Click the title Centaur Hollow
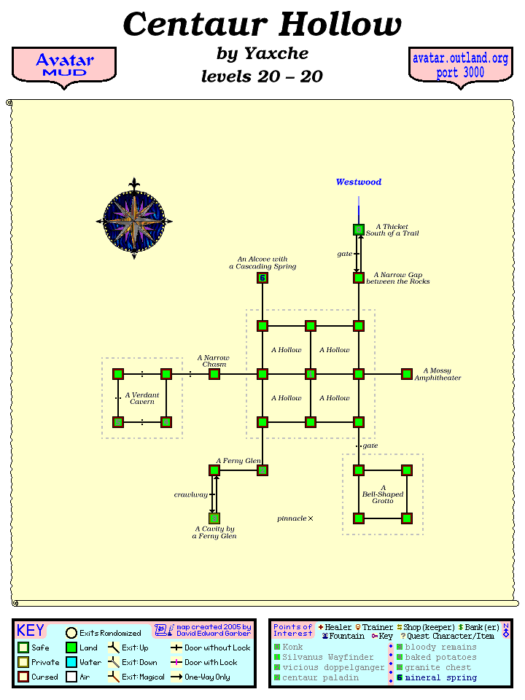pyautogui.click(x=262, y=25)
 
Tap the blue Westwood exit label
pyautogui.click(x=358, y=182)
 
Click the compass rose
pyautogui.click(x=133, y=219)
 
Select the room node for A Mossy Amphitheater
pyautogui.click(x=407, y=374)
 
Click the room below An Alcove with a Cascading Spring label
pyautogui.click(x=262, y=278)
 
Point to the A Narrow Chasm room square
pyautogui.click(x=214, y=374)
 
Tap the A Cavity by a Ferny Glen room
pyautogui.click(x=214, y=518)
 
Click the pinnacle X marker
pyautogui.click(x=311, y=518)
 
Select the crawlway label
pyautogui.click(x=190, y=494)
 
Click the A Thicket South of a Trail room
pyautogui.click(x=359, y=230)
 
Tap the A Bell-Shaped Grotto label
pyautogui.click(x=383, y=494)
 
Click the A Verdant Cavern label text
pyautogui.click(x=143, y=398)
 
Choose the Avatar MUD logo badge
pyautogui.click(x=64, y=65)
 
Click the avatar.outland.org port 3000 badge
pyautogui.click(x=460, y=66)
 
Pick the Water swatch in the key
pyautogui.click(x=71, y=662)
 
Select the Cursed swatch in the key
pyautogui.click(x=23, y=677)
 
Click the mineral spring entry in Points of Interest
pyautogui.click(x=440, y=677)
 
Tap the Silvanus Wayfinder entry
pyautogui.click(x=327, y=657)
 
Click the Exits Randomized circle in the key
pyautogui.click(x=71, y=633)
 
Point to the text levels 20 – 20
pyautogui.click(x=262, y=77)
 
